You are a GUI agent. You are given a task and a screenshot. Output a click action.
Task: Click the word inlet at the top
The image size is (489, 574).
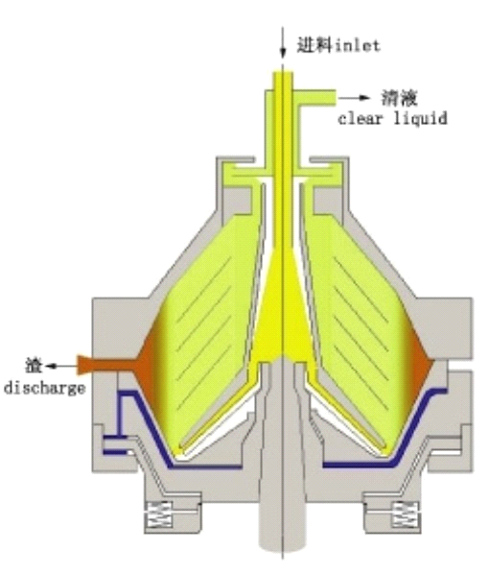click(358, 46)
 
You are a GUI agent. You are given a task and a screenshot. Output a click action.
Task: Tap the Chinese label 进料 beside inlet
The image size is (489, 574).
click(314, 45)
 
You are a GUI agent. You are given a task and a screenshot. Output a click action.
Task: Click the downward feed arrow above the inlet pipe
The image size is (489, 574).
click(282, 42)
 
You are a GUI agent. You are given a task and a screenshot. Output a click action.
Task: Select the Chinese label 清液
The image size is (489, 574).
click(400, 98)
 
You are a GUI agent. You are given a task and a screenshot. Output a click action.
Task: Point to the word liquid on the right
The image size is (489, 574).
click(420, 119)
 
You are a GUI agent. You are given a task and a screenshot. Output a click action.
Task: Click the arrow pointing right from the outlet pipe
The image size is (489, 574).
click(354, 97)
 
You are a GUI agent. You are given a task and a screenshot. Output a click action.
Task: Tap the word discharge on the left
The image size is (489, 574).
click(45, 389)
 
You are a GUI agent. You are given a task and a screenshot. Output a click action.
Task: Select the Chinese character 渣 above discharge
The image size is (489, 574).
click(34, 366)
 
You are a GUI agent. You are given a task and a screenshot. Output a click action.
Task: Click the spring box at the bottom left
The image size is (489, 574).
click(159, 514)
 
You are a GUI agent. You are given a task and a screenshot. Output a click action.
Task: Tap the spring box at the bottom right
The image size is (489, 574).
click(406, 514)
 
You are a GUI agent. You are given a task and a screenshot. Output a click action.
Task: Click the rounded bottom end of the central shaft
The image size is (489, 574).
click(282, 543)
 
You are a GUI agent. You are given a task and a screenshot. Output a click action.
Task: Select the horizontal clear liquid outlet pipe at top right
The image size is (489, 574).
click(316, 97)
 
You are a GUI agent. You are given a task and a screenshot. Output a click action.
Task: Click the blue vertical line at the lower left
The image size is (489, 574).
click(119, 415)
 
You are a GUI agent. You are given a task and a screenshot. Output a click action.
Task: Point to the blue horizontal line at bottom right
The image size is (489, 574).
click(358, 466)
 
